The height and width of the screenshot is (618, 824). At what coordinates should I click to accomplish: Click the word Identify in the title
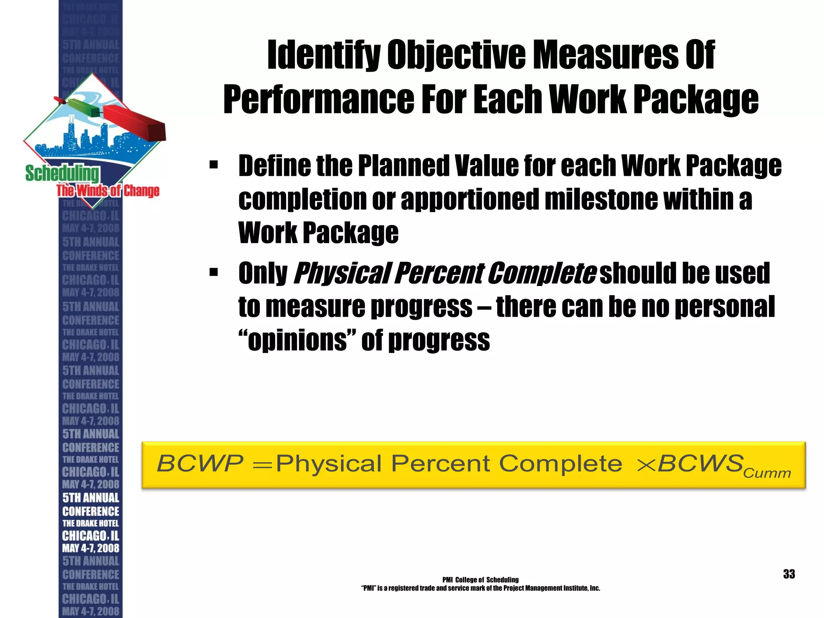click(x=323, y=55)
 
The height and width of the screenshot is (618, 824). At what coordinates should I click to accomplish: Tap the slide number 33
click(x=789, y=574)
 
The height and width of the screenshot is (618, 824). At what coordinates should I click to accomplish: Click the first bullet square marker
click(x=213, y=165)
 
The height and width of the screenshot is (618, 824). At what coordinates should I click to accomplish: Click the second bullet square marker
click(x=213, y=273)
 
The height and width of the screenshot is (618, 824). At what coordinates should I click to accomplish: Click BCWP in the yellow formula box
click(x=200, y=463)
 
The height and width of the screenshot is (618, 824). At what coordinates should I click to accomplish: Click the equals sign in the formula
click(x=262, y=465)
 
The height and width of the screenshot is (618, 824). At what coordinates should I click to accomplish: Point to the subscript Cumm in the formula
click(x=767, y=473)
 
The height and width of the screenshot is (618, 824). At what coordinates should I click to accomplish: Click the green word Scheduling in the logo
click(x=62, y=173)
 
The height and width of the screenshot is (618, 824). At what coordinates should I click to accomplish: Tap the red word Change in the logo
click(x=141, y=190)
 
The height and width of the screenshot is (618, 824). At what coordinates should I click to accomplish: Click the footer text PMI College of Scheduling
click(x=480, y=580)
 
